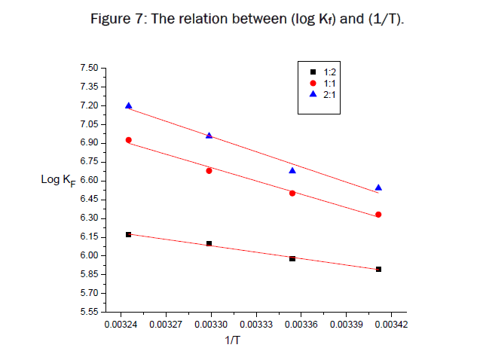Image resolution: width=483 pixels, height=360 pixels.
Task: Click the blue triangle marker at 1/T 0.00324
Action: (129, 105)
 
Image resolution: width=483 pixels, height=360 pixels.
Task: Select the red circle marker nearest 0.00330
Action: (209, 171)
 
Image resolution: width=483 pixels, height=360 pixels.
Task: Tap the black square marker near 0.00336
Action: (292, 258)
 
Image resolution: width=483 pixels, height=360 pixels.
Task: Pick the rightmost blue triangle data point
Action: (378, 188)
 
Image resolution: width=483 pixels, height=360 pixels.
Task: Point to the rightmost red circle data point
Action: (378, 215)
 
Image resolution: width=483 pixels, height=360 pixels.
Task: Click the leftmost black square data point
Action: (129, 234)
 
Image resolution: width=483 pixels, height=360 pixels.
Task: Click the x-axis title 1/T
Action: (234, 341)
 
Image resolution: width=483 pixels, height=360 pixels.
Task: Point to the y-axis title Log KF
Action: (58, 180)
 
